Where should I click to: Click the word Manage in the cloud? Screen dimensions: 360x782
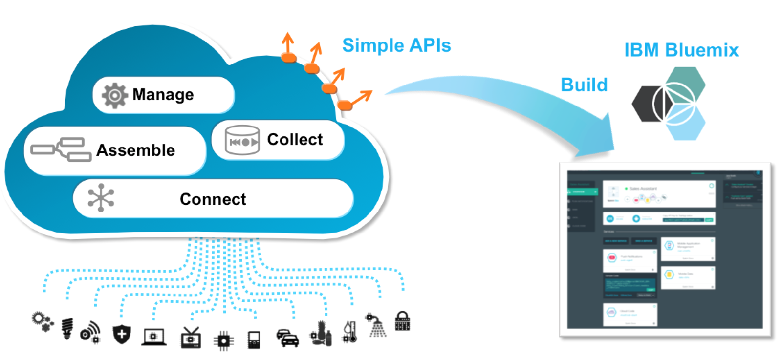click(x=163, y=94)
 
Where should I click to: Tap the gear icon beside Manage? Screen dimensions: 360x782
click(x=114, y=95)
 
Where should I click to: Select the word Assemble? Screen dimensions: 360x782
click(x=135, y=150)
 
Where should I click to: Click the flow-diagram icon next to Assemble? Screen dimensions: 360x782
click(x=61, y=149)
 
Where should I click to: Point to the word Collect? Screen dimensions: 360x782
click(x=295, y=140)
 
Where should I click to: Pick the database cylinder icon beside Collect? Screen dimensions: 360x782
click(x=242, y=140)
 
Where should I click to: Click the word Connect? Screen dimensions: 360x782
click(x=213, y=199)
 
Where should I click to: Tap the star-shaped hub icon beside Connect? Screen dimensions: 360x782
click(x=101, y=198)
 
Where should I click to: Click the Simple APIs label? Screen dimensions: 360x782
click(x=396, y=45)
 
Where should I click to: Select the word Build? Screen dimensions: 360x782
click(x=584, y=85)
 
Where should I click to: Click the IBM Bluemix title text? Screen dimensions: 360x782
click(x=681, y=50)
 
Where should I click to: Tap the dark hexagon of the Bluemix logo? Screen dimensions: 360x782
click(x=648, y=104)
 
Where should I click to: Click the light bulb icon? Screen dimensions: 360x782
click(x=67, y=328)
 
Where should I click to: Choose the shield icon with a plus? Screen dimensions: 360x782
click(x=122, y=335)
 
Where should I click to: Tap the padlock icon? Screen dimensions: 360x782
click(x=402, y=321)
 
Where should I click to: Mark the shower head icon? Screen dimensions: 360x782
click(x=376, y=325)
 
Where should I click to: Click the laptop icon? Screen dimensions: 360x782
click(x=153, y=338)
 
